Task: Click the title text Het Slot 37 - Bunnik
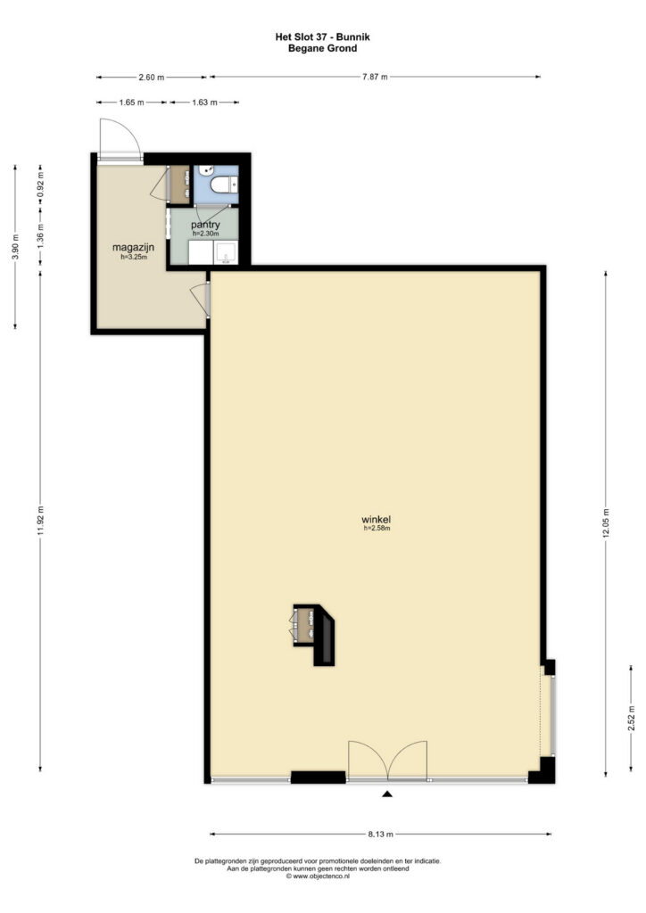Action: [322, 37]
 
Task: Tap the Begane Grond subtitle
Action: [322, 48]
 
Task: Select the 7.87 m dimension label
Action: [375, 77]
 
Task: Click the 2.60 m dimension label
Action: [151, 77]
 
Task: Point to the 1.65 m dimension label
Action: [131, 103]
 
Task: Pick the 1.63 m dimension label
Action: [204, 103]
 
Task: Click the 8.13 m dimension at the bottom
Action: [380, 834]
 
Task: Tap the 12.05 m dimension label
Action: [606, 524]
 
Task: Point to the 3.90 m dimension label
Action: [15, 247]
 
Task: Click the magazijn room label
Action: [134, 248]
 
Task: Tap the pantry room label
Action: [205, 225]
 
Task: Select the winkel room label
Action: [376, 520]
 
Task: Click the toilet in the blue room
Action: [224, 185]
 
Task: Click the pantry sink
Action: [226, 253]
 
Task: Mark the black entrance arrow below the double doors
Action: [386, 793]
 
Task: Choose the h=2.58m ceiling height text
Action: [377, 529]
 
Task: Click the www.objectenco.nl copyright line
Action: [318, 876]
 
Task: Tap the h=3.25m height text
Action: [134, 256]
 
